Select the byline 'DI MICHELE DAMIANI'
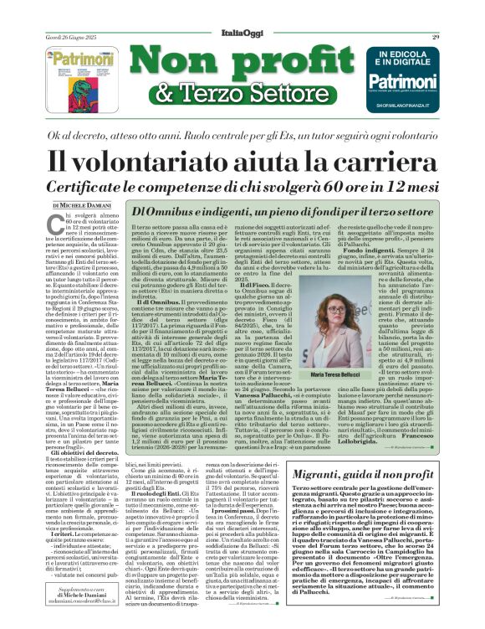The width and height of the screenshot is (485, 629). (x=80, y=205)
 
